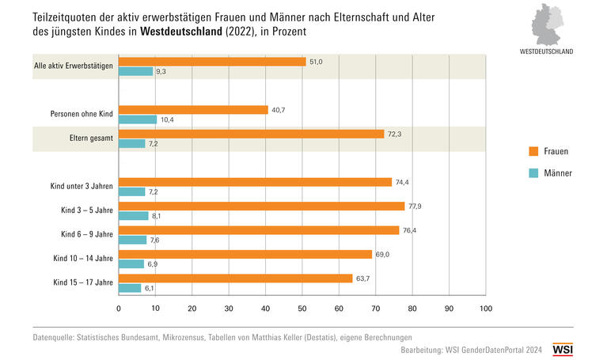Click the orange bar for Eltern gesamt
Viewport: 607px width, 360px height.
tap(251, 134)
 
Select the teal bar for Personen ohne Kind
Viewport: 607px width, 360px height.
tap(138, 119)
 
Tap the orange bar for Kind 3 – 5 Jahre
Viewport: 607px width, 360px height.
tap(261, 206)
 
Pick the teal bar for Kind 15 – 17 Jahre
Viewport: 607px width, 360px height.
tap(130, 288)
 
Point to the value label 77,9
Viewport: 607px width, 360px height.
tap(417, 206)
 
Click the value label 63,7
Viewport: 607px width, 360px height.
tap(365, 278)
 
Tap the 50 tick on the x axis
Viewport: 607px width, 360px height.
tap(302, 309)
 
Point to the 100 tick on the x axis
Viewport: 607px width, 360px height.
tap(485, 309)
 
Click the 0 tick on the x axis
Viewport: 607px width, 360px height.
tap(119, 309)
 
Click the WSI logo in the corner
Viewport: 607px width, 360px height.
tap(563, 348)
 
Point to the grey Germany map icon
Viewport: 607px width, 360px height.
tap(547, 25)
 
